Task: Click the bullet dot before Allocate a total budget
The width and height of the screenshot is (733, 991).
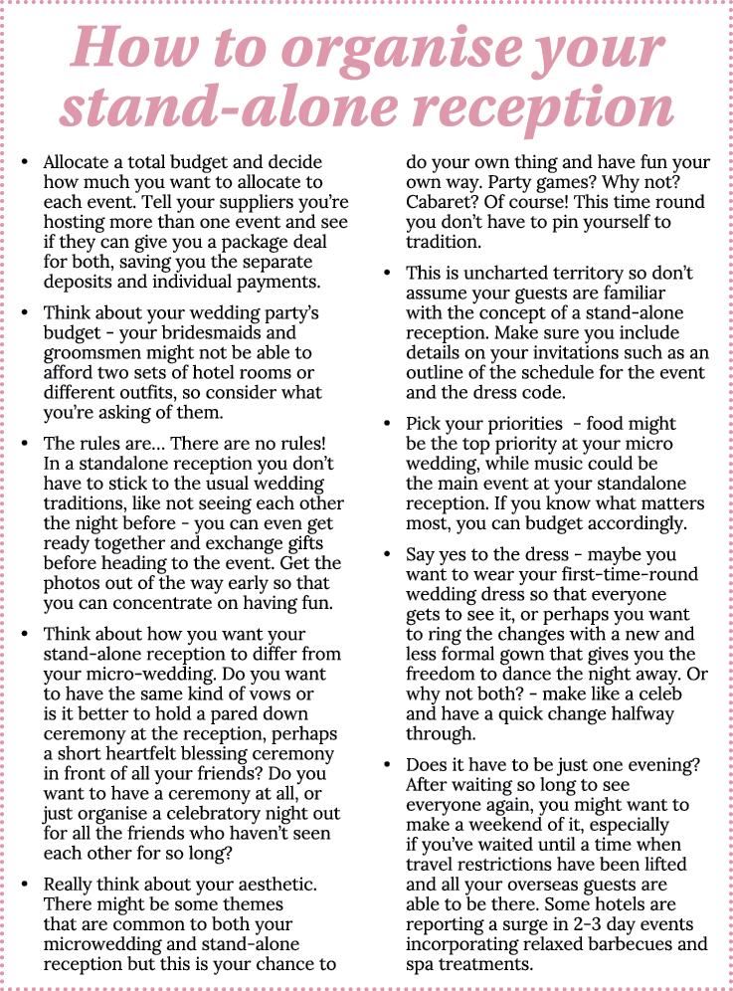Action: pos(26,162)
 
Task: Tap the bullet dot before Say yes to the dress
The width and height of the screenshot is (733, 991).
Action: pos(388,554)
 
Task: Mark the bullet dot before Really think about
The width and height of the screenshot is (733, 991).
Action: pos(26,884)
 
